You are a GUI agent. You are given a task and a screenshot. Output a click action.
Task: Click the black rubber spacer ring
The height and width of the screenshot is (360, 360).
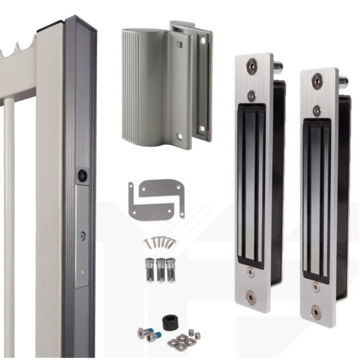point(170,322)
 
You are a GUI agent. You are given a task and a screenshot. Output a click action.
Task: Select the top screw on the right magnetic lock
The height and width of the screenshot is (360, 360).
point(317,80)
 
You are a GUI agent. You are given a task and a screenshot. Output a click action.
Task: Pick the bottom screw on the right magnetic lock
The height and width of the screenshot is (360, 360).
point(316,311)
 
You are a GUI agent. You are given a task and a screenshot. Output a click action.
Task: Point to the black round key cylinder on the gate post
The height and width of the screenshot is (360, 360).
point(82,175)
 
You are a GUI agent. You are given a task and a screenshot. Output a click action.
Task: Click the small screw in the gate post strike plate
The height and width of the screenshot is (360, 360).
point(82,236)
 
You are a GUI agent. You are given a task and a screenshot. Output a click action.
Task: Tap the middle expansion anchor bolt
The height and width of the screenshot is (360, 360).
point(160,269)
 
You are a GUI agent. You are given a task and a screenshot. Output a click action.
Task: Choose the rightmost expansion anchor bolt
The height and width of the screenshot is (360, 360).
point(171,269)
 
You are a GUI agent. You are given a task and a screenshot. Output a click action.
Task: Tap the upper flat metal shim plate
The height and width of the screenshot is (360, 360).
point(160,188)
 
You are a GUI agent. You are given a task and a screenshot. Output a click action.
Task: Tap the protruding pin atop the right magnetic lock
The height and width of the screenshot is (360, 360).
point(343,81)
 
